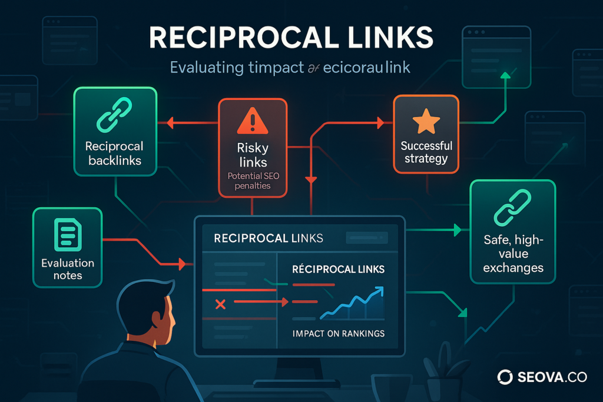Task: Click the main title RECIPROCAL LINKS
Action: [x=290, y=38]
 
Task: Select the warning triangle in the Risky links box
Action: [x=252, y=122]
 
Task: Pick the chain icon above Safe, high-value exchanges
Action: [x=512, y=207]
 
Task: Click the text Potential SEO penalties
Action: [x=252, y=181]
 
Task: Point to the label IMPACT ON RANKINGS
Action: [x=338, y=334]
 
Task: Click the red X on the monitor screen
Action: [x=221, y=304]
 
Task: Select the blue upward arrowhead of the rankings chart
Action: [x=378, y=290]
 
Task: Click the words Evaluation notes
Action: [x=67, y=269]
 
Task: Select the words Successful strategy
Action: [x=426, y=152]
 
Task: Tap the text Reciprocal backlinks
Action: [x=115, y=152]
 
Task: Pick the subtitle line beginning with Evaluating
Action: [x=290, y=67]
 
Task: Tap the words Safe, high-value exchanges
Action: [x=512, y=254]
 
